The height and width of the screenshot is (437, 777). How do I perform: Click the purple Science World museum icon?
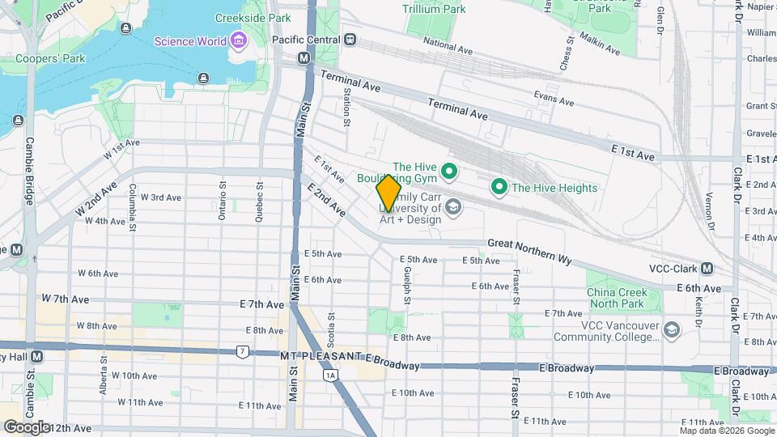(x=238, y=40)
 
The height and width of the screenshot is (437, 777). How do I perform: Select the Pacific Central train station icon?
(x=350, y=39)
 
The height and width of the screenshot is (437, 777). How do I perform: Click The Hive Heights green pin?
(x=499, y=188)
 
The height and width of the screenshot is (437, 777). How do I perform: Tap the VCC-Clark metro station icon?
(x=707, y=269)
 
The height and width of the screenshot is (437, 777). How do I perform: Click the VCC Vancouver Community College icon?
(x=671, y=329)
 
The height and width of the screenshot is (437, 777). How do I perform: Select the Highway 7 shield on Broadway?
(x=242, y=351)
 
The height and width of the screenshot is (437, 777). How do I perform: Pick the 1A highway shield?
(x=329, y=375)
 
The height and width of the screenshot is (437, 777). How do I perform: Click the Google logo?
(x=27, y=426)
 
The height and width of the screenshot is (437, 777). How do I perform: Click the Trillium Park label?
(x=435, y=10)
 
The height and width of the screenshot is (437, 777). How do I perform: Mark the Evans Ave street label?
(x=554, y=99)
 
